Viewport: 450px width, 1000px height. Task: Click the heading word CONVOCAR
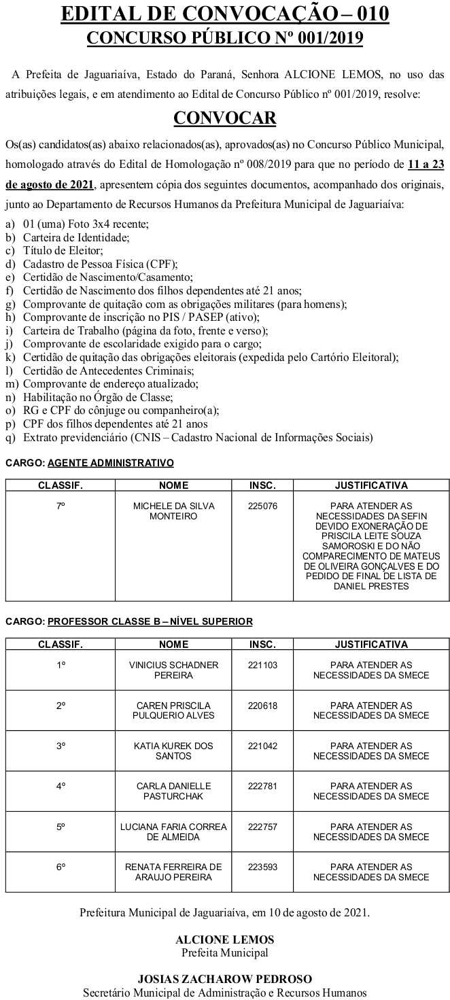[x=225, y=118]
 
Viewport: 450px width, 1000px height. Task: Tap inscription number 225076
[x=262, y=506]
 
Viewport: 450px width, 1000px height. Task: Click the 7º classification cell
[x=60, y=506]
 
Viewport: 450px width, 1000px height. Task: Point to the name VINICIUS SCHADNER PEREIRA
[x=173, y=670]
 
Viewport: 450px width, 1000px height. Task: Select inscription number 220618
[x=262, y=706]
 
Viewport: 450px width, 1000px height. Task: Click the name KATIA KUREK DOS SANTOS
[x=173, y=751]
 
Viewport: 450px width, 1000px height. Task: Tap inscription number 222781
[x=262, y=787]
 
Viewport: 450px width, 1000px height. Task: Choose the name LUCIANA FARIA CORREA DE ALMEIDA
[x=173, y=831]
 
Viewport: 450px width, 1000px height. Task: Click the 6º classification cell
[x=60, y=867]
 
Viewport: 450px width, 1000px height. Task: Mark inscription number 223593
[x=262, y=867]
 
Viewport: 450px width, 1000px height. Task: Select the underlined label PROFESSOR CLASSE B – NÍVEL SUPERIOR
[x=150, y=621]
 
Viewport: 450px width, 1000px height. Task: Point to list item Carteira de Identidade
[x=76, y=237]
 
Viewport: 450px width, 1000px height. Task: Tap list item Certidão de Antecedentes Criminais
[x=108, y=370]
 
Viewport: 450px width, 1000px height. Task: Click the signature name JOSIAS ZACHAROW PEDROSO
[x=225, y=979]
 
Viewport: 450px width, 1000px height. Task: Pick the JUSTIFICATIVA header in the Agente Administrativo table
[x=371, y=485]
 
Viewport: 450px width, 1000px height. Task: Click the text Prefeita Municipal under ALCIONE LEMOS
[x=225, y=952]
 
